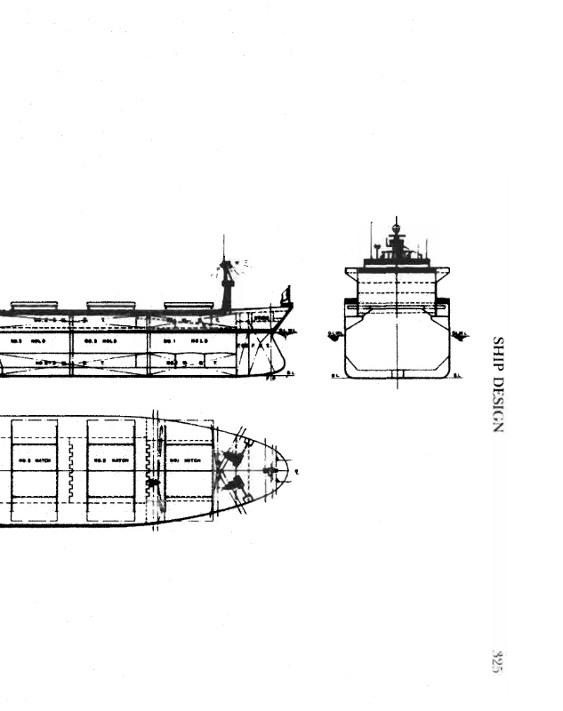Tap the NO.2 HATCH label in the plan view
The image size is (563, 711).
pos(111,460)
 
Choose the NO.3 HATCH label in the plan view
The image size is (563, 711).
pos(35,460)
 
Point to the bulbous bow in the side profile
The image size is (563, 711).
pos(277,360)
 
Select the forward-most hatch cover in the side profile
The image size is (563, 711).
pos(189,305)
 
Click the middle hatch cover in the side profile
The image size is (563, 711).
pos(110,305)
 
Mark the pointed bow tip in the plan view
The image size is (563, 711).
pos(286,468)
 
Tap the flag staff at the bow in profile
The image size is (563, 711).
pos(286,295)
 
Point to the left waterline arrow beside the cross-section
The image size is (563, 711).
pos(335,335)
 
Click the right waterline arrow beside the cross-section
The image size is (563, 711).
pos(460,335)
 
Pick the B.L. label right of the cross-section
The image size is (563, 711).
pos(457,376)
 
